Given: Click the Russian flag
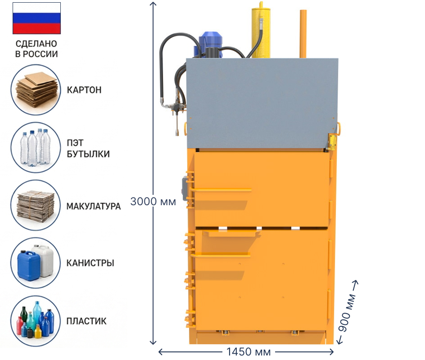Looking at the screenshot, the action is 36,18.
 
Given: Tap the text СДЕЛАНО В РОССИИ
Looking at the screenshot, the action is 36,49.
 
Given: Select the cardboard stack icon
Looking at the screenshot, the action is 36,90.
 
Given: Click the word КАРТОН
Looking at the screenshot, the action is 84,90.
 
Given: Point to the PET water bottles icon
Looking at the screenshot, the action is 36,147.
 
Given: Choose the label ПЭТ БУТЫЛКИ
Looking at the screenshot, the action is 88,148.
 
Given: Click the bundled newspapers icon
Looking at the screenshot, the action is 36,205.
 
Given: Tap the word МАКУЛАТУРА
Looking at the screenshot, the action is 94,206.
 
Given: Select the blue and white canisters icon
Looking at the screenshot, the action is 36,263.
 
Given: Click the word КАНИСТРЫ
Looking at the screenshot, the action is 90,263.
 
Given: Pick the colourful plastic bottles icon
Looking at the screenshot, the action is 36,321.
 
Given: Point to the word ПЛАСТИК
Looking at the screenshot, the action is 86,321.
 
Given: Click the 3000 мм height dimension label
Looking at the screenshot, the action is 153,202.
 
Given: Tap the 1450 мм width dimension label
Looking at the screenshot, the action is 248,352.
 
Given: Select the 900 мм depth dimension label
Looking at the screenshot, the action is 347,312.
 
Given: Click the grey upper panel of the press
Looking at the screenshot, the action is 262,103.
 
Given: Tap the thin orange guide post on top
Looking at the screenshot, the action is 303,34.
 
